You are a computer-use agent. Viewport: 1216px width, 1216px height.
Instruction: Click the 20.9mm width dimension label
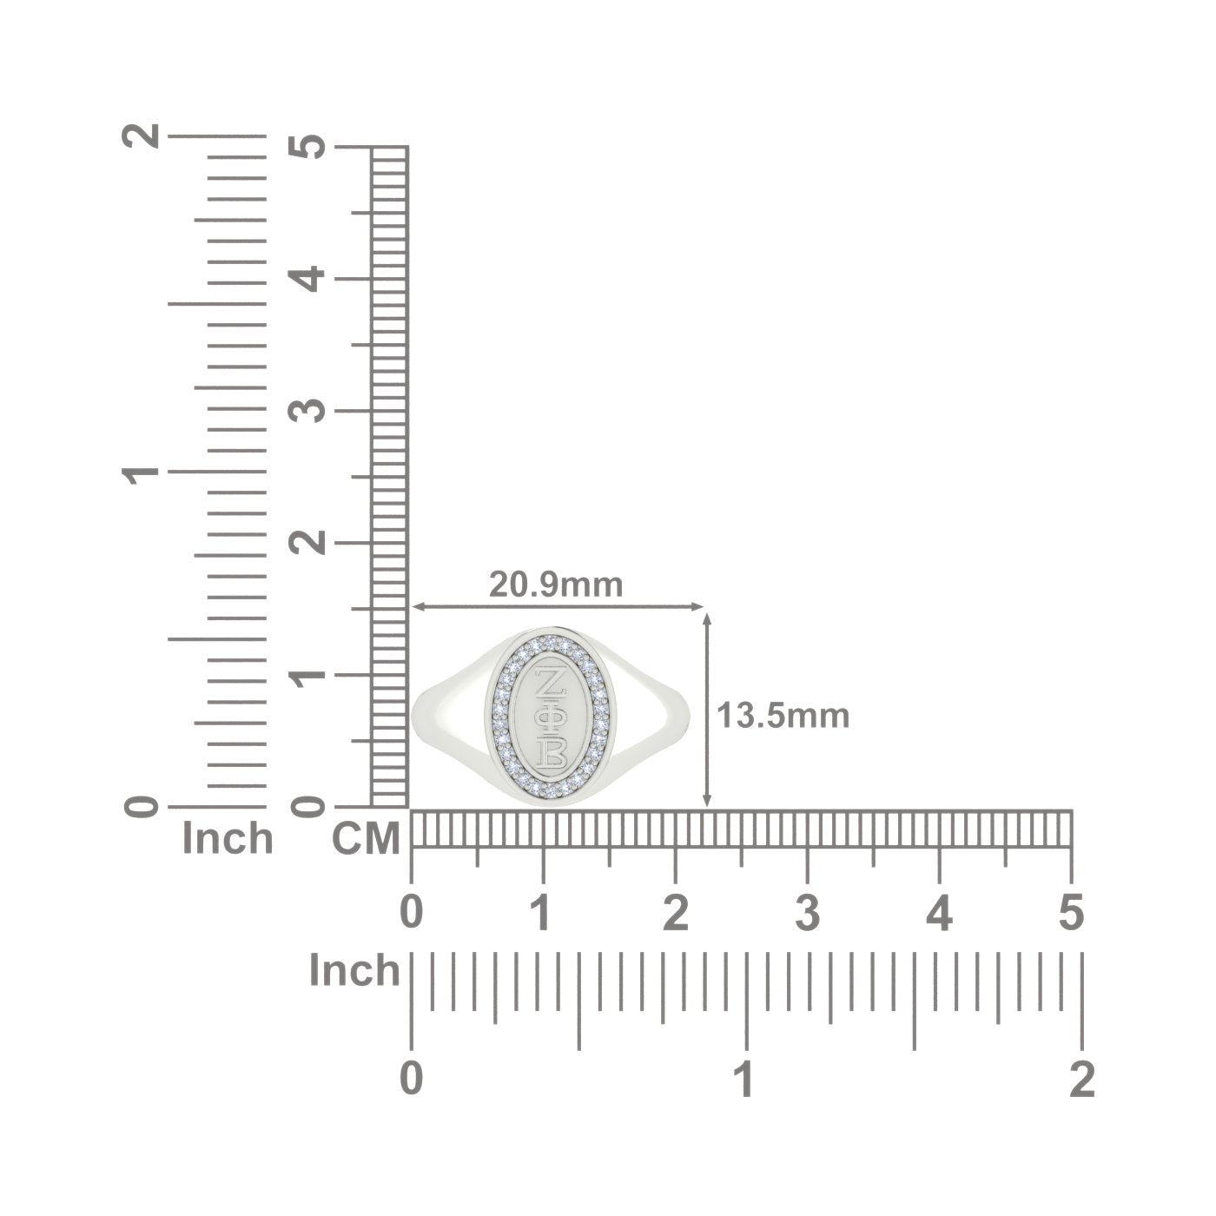click(555, 585)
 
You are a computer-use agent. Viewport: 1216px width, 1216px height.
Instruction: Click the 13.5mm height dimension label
click(783, 717)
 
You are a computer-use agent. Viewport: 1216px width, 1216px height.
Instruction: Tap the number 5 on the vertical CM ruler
click(306, 147)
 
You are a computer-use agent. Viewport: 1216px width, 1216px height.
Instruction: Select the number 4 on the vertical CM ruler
click(306, 279)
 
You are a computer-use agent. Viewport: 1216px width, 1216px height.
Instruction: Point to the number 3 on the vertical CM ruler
click(306, 411)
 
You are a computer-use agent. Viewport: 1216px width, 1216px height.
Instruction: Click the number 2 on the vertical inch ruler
click(141, 135)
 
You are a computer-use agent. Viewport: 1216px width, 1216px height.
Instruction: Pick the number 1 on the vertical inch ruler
click(141, 472)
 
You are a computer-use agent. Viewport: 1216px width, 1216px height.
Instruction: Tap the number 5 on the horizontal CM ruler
click(1071, 913)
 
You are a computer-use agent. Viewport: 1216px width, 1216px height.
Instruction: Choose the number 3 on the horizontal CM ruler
click(807, 913)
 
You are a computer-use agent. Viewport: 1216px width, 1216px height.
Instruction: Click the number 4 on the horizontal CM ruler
click(939, 913)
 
